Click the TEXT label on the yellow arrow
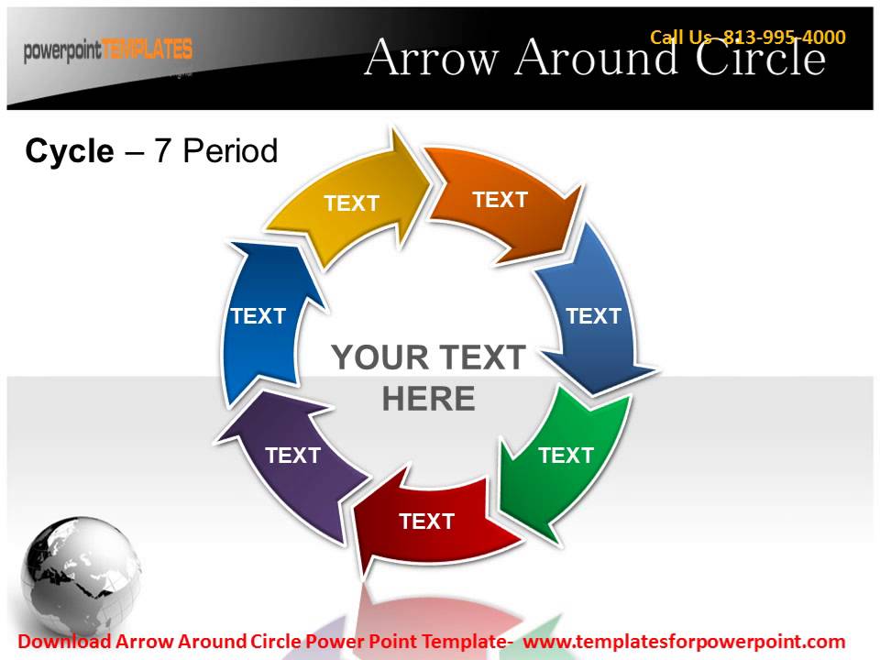point(351,203)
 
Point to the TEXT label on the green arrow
point(566,456)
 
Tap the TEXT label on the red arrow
point(426,522)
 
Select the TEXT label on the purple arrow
point(292,456)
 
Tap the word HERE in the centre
point(428,400)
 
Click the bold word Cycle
point(70,151)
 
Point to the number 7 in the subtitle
point(163,151)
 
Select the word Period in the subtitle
point(230,151)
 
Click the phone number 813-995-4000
point(785,38)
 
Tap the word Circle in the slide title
point(760,60)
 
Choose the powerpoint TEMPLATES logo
point(108,49)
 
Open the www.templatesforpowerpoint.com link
point(684,642)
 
